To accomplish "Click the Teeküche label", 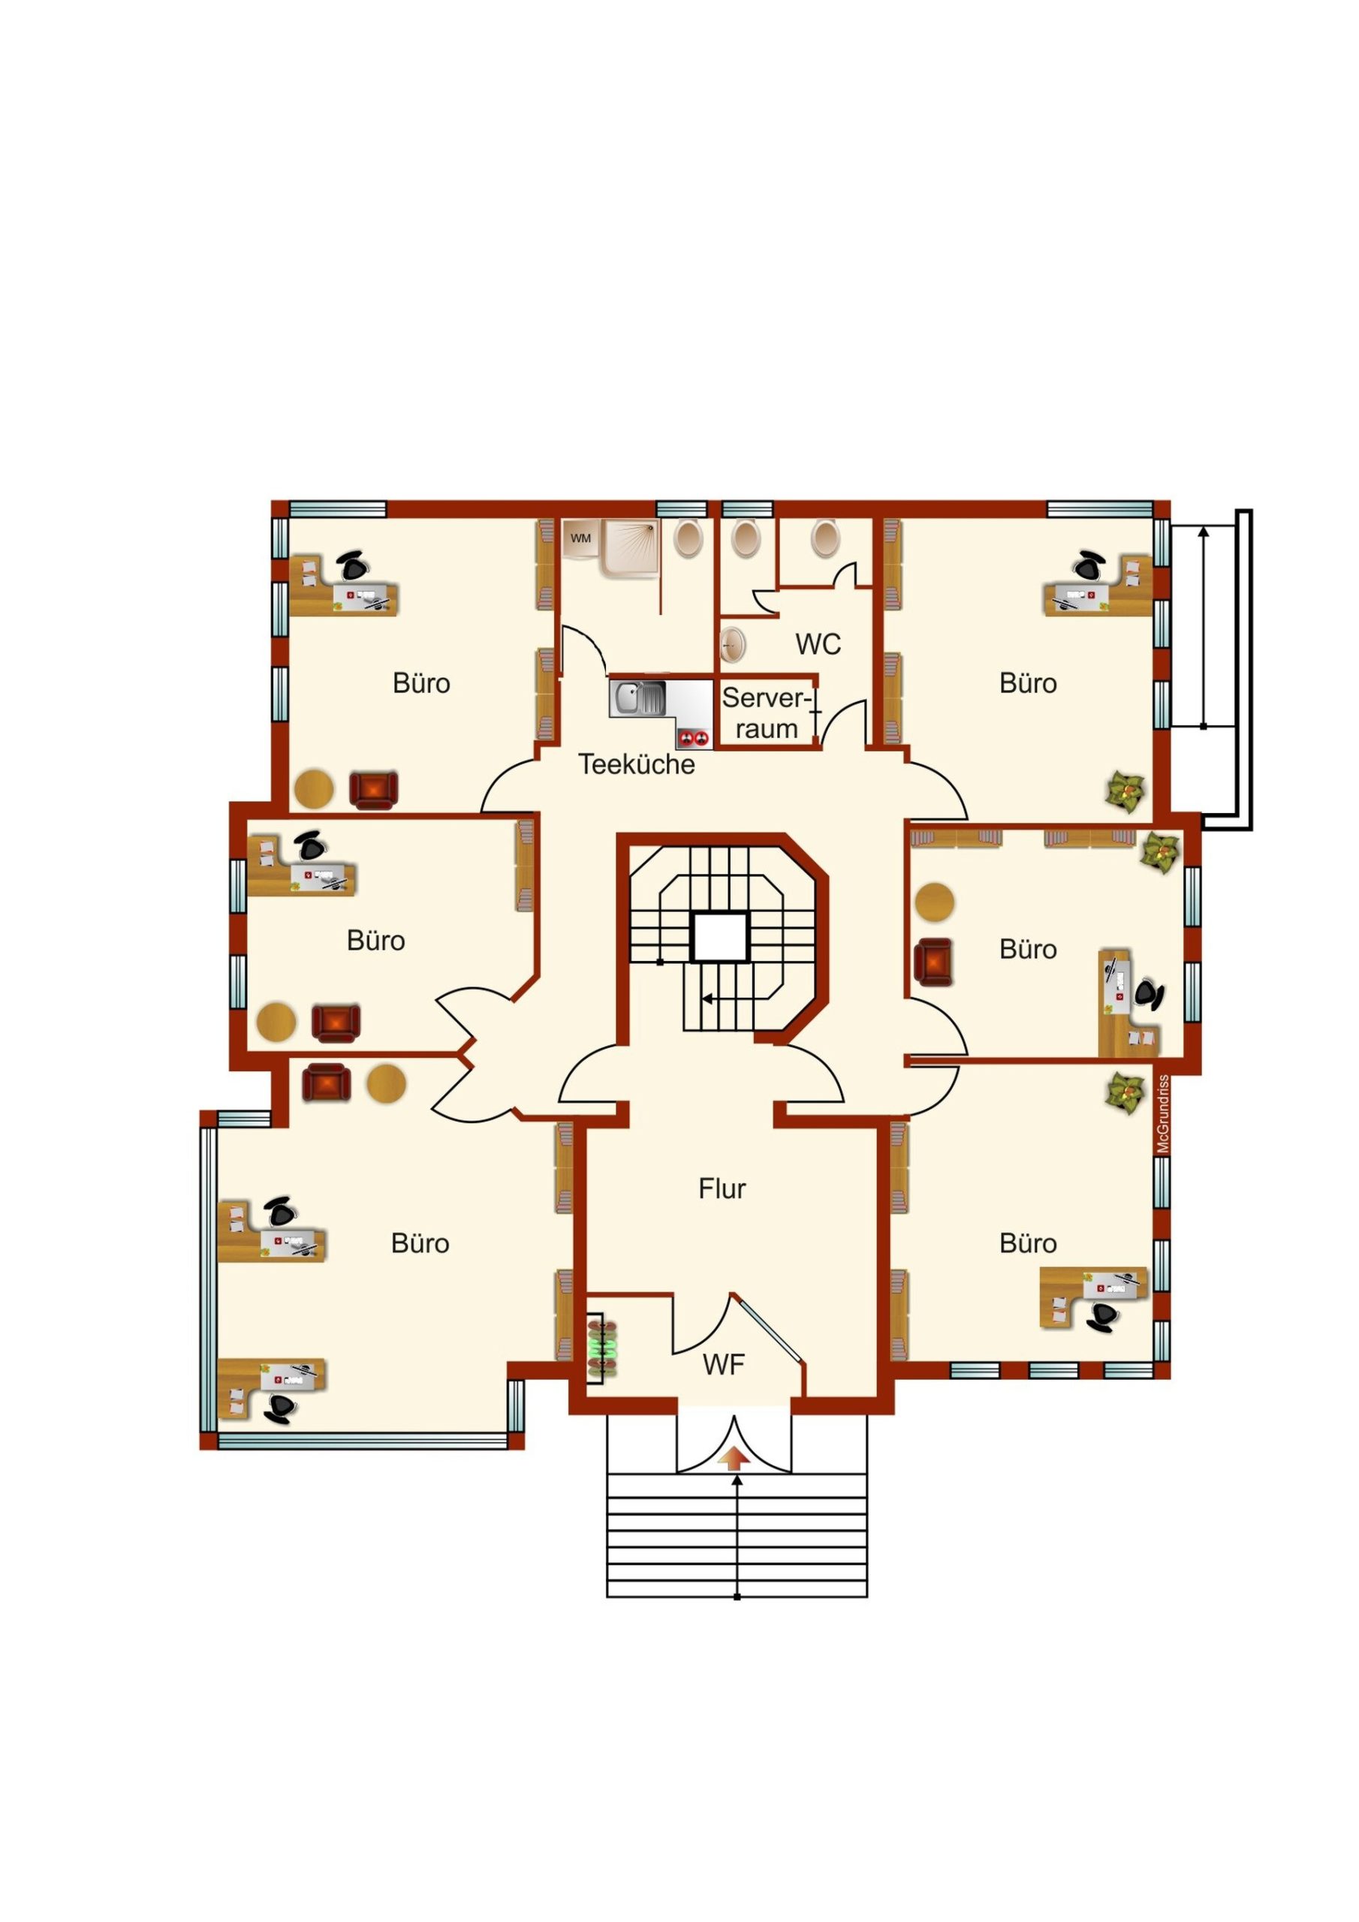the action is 637,764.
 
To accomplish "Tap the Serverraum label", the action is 766,712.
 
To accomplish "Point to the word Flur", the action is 722,1188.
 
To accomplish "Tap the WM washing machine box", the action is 581,538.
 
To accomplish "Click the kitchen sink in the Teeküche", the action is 638,698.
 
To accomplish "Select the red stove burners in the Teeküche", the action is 695,737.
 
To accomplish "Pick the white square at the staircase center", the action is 719,937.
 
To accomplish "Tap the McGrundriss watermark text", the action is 1162,1114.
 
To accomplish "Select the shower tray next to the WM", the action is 630,548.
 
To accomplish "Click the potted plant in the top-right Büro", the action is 1125,792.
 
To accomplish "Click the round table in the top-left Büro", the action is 314,789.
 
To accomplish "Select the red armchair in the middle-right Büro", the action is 933,961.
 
